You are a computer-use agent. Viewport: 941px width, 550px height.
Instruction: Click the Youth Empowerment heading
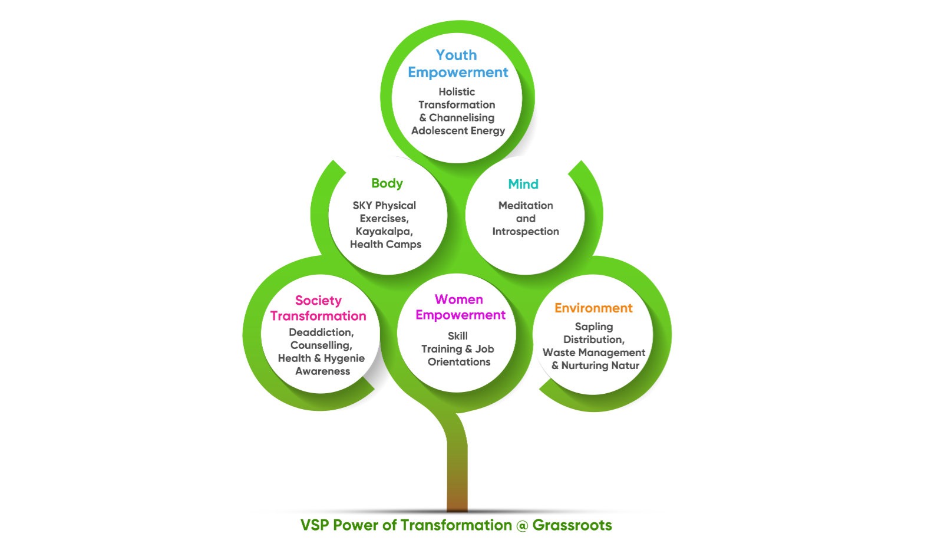tap(457, 64)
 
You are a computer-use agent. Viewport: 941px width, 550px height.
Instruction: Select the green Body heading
tap(387, 183)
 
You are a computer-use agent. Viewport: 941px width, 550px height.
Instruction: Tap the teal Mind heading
tap(523, 184)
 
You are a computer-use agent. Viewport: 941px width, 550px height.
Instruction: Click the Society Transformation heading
tap(318, 308)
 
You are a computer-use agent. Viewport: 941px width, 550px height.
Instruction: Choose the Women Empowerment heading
tap(460, 307)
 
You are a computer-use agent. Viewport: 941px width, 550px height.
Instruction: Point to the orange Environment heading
tap(593, 308)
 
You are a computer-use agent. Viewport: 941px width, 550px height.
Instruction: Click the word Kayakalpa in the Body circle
tap(384, 231)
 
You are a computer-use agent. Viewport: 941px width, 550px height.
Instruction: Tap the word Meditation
tap(526, 205)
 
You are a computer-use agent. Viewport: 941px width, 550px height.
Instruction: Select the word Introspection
tap(526, 231)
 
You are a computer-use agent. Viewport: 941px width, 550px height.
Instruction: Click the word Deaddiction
tap(321, 332)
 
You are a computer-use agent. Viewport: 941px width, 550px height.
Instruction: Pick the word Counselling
tap(321, 345)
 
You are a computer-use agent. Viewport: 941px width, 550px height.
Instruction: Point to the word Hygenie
tap(344, 358)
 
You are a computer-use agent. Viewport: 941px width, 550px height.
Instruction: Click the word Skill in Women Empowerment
tap(458, 336)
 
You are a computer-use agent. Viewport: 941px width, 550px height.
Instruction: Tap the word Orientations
tap(459, 362)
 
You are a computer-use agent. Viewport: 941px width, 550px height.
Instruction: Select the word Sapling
tap(594, 327)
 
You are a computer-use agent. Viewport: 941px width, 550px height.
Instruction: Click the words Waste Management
tap(594, 353)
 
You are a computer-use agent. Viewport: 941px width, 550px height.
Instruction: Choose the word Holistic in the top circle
tap(457, 92)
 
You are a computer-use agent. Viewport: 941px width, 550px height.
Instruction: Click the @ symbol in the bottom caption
tap(522, 525)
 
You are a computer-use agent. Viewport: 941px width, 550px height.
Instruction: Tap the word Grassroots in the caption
tap(572, 525)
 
